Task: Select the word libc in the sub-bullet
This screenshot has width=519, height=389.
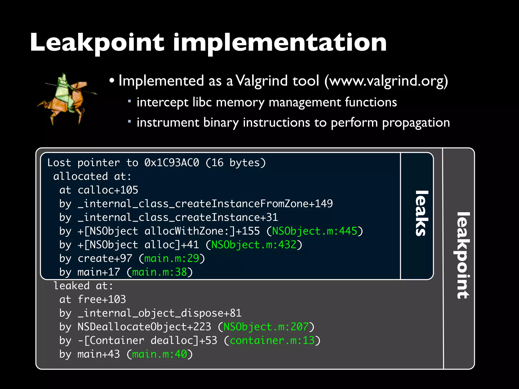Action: coord(202,102)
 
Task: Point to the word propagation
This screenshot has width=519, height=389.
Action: coord(416,123)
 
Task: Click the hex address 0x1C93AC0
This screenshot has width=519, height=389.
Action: coord(172,163)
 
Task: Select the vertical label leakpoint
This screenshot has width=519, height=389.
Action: coord(463,255)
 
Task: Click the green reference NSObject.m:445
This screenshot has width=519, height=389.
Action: coord(314,231)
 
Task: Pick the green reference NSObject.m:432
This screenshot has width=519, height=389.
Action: coord(254,245)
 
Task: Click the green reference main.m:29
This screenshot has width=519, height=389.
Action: coord(172,259)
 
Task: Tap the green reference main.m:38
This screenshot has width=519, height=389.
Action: coord(160,272)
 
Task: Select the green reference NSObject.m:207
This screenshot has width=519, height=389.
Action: coord(266,327)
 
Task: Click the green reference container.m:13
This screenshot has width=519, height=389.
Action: coord(272,341)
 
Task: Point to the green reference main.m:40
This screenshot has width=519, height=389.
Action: coord(160,354)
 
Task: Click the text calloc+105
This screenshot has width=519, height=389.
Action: coord(108,190)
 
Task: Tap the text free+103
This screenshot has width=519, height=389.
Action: coord(102,300)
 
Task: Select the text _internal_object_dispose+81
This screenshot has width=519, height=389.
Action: coord(160,313)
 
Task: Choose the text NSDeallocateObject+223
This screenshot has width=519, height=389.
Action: coord(144,327)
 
